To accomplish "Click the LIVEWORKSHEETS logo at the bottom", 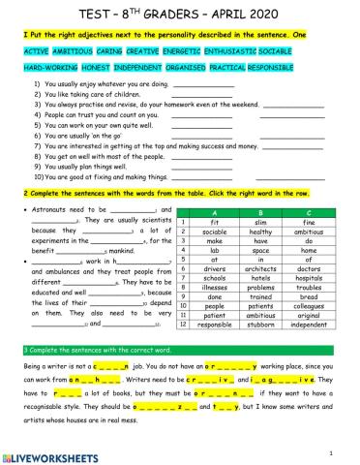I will [x=53, y=456].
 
